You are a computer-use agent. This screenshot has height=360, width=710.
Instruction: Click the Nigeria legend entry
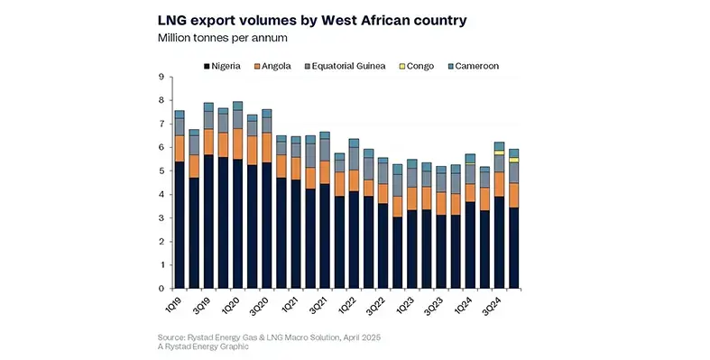tap(229, 66)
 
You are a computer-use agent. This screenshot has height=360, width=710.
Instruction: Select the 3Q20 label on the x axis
tap(257, 304)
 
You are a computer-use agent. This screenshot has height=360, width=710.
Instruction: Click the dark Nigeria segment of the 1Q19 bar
tap(180, 226)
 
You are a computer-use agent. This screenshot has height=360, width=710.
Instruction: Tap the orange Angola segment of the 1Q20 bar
tap(238, 143)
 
